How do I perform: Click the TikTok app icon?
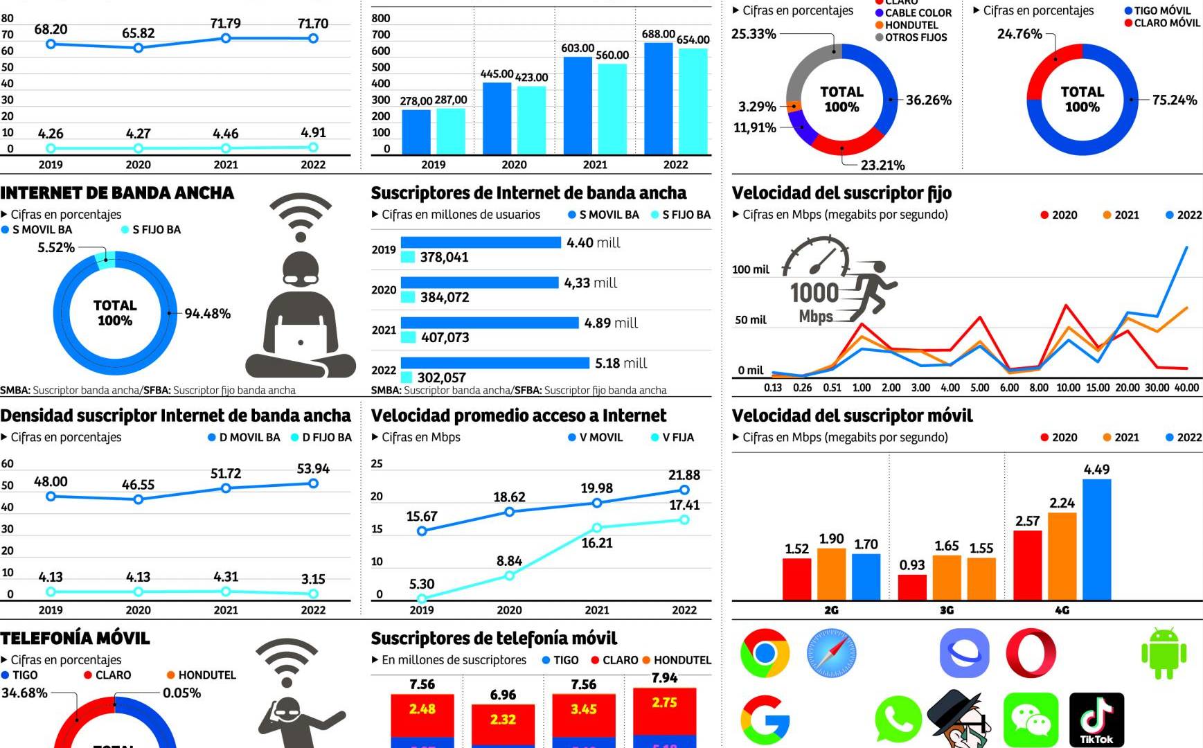tap(1096, 720)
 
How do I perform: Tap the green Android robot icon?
tap(1164, 652)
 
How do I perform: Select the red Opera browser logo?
tap(1031, 652)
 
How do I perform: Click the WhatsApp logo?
tap(898, 720)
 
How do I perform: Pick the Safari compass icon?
tap(831, 652)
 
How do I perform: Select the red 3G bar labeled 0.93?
tap(912, 587)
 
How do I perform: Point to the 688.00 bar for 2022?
tap(658, 98)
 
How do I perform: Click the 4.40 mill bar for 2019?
tap(481, 242)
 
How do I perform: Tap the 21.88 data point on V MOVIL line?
tap(684, 490)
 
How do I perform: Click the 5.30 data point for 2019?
tap(422, 598)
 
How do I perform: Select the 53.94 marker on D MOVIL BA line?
tap(313, 483)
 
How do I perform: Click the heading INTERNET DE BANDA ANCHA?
tap(117, 193)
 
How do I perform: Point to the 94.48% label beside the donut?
tap(207, 314)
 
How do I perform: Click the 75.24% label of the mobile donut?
tap(1174, 100)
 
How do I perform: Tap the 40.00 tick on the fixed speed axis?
tap(1186, 388)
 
